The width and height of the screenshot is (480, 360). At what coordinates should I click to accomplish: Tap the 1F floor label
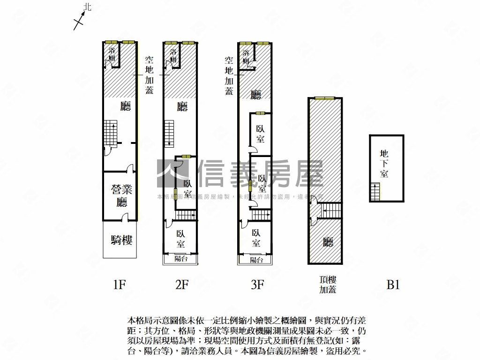click(x=120, y=285)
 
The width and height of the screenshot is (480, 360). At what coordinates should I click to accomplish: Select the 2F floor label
click(x=182, y=285)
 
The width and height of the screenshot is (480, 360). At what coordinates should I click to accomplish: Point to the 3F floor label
click(x=257, y=285)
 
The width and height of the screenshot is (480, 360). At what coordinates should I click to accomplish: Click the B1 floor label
click(x=393, y=285)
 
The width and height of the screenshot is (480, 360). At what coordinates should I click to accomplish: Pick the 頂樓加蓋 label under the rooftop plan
click(x=328, y=285)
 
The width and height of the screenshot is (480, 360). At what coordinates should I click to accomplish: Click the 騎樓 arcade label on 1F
click(x=121, y=240)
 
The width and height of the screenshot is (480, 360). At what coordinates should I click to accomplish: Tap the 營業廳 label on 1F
click(x=121, y=196)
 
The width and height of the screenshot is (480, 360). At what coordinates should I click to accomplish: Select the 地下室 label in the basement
click(x=384, y=163)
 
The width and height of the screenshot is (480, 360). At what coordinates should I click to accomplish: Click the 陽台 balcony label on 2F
click(x=180, y=258)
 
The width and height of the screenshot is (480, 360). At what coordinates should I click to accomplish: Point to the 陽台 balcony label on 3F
click(x=256, y=260)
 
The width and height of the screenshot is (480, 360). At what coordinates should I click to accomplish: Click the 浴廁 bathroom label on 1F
click(x=112, y=54)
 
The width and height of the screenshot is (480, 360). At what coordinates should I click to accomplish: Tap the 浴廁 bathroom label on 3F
click(x=246, y=56)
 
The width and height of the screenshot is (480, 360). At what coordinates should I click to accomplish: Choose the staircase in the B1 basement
click(x=375, y=192)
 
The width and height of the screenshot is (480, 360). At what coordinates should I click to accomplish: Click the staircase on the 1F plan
click(x=110, y=133)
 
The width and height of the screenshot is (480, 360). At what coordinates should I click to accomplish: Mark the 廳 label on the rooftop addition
click(x=328, y=242)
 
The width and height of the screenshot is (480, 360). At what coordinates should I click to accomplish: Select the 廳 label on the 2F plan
click(x=182, y=107)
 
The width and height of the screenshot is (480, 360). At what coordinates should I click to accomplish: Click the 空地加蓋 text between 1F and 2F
click(x=149, y=75)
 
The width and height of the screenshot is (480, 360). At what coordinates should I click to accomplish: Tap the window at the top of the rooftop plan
click(x=325, y=98)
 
